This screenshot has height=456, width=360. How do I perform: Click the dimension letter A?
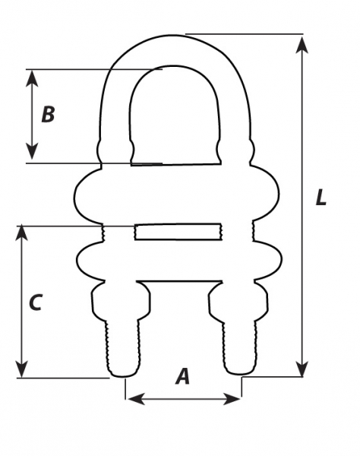coord(182,376)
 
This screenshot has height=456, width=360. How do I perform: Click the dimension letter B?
coord(49,114)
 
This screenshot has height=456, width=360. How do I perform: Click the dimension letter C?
coord(36,302)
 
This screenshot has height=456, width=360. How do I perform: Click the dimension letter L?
coord(321,198)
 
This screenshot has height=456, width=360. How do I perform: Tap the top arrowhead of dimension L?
coord(302,45)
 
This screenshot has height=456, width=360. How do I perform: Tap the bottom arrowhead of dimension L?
coord(302,369)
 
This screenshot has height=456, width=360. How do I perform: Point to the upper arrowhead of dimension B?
coord(32,78)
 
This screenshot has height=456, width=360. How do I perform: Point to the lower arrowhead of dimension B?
coord(32,151)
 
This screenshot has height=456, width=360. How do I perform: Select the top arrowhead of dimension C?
coord(21,233)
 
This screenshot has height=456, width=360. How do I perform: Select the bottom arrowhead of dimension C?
coord(21,369)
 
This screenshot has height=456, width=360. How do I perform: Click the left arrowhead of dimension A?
coord(136,399)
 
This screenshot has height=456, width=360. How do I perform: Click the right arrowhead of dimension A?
coord(232,399)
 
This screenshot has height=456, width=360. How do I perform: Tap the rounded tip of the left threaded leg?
coord(123,373)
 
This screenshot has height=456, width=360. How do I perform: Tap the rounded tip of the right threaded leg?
coord(241,372)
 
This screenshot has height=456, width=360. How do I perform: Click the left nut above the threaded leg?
coord(121,301)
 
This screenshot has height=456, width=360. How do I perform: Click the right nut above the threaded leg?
coord(238,301)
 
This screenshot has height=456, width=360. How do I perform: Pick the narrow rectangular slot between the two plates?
coord(178,232)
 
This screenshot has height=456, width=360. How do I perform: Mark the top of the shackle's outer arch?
coord(175,36)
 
